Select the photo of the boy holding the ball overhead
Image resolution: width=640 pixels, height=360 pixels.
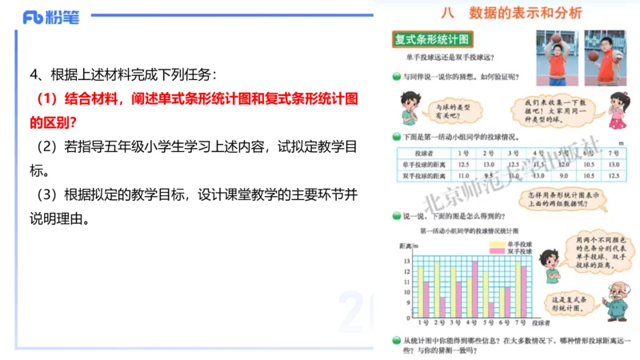(x=552, y=57)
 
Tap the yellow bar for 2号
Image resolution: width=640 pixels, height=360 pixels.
(x=436, y=292)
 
